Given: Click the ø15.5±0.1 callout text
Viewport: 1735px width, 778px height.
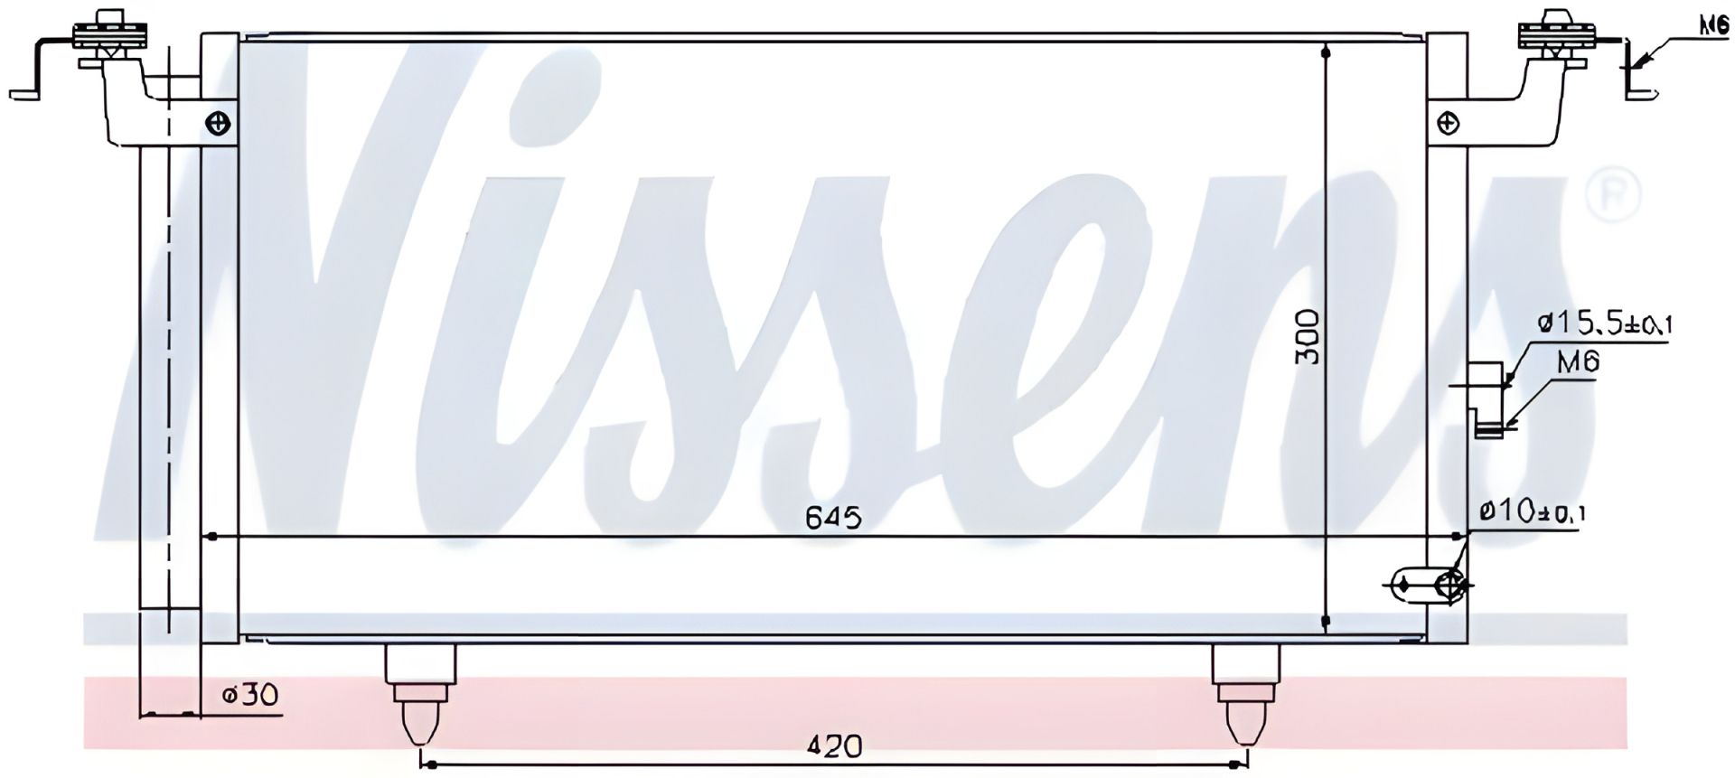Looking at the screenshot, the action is coord(1603,323).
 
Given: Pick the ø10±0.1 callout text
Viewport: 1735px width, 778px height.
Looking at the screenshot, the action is coord(1533,513).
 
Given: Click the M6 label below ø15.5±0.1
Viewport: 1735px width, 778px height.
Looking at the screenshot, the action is coord(1579,363).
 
